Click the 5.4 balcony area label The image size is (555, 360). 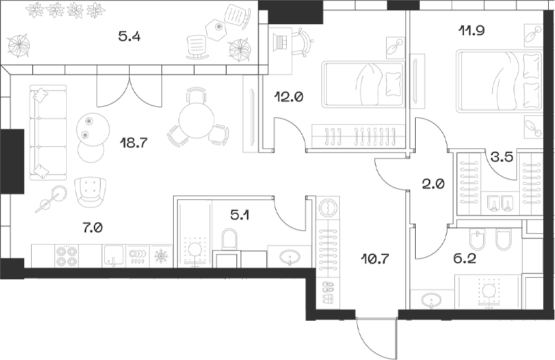pos(129,37)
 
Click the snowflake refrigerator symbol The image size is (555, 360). pos(160,257)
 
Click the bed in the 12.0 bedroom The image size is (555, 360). pos(363,84)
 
